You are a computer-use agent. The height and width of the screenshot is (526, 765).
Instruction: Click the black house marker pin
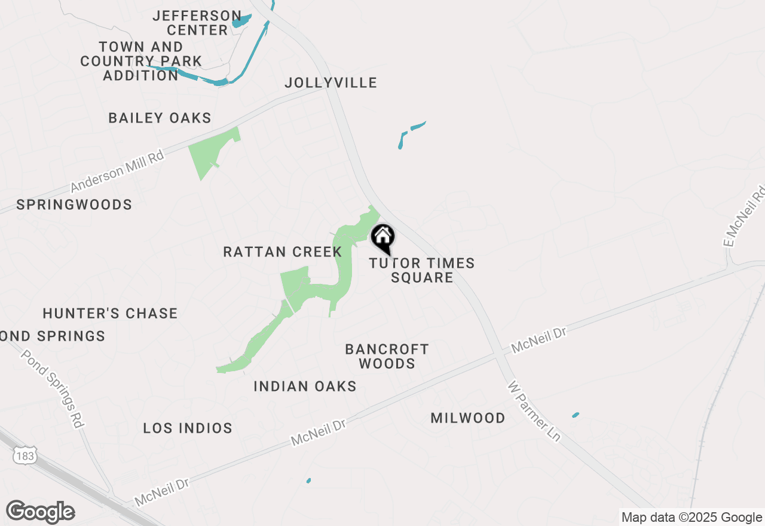pyautogui.click(x=382, y=238)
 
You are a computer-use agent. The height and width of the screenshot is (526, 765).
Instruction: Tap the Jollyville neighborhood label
pyautogui.click(x=331, y=82)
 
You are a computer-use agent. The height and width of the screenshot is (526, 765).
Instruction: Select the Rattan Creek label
pyautogui.click(x=282, y=252)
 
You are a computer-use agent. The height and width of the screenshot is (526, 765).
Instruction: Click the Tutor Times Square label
pyautogui.click(x=422, y=270)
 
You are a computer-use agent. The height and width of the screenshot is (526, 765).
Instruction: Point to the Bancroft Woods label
pyautogui.click(x=387, y=356)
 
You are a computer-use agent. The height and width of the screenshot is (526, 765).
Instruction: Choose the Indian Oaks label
pyautogui.click(x=305, y=386)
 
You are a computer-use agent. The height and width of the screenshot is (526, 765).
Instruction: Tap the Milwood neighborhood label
pyautogui.click(x=468, y=418)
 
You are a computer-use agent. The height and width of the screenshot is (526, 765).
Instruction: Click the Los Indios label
pyautogui.click(x=188, y=428)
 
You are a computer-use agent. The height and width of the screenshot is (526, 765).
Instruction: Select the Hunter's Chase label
pyautogui.click(x=111, y=313)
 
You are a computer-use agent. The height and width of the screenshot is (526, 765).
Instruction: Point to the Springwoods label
pyautogui.click(x=74, y=204)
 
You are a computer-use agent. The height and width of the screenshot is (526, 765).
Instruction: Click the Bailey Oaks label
pyautogui.click(x=160, y=118)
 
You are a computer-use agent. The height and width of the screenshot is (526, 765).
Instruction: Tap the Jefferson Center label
pyautogui.click(x=197, y=23)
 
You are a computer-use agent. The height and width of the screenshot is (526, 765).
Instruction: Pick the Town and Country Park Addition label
pyautogui.click(x=141, y=61)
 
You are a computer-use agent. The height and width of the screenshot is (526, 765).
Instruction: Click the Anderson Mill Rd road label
pyautogui.click(x=117, y=172)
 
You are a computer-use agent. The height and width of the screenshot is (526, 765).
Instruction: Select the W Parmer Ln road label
pyautogui.click(x=534, y=412)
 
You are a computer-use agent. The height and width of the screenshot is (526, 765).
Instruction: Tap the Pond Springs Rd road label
pyautogui.click(x=52, y=388)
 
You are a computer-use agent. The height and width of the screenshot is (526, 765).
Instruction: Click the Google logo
pyautogui.click(x=40, y=512)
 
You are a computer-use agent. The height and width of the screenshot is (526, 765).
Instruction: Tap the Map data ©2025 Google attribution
pyautogui.click(x=691, y=518)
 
